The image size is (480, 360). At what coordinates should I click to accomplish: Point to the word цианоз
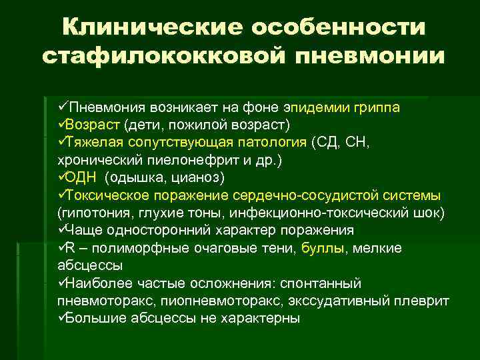point(201,177)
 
